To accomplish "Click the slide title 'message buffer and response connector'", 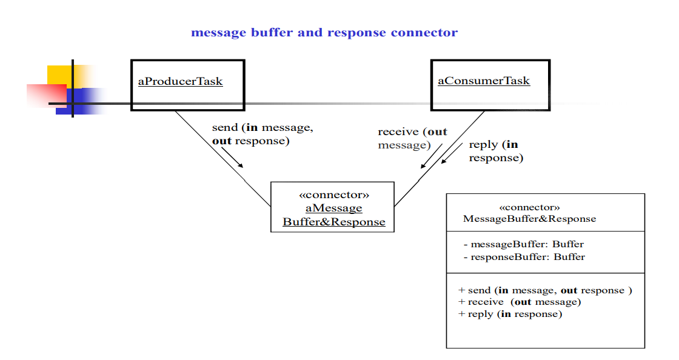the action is [x=324, y=33].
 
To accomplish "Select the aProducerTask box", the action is [x=188, y=85].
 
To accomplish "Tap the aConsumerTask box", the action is [x=490, y=85].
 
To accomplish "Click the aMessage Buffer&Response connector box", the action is [x=332, y=207].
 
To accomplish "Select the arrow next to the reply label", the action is [x=453, y=158].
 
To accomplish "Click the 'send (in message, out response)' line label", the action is [x=262, y=135].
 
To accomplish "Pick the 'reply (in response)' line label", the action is [x=495, y=151].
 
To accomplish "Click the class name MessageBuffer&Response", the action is [x=529, y=219].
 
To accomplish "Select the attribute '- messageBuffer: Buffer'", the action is [x=523, y=244].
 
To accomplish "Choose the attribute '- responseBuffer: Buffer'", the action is [x=524, y=257].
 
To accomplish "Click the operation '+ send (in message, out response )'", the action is [x=545, y=290].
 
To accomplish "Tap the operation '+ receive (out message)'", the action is [x=520, y=302].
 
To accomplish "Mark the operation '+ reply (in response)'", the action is [x=510, y=314].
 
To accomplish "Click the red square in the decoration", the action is [x=45, y=95].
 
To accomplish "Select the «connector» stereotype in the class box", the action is [x=529, y=207].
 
